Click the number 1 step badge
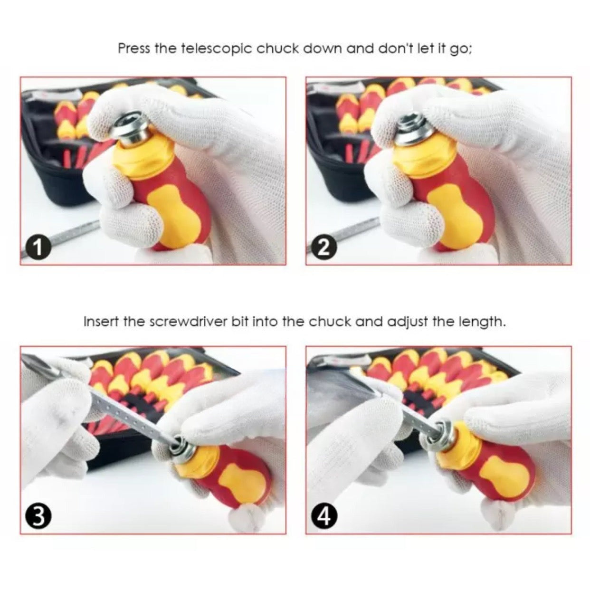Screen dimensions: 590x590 pyautogui.click(x=38, y=248)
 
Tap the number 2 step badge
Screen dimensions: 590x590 pyautogui.click(x=324, y=248)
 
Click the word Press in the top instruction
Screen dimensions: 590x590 pyautogui.click(x=134, y=48)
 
